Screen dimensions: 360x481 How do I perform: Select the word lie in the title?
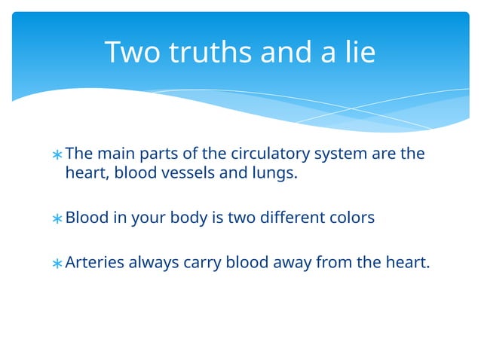coord(356,53)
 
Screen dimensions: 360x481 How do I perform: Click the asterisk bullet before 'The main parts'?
coord(57,155)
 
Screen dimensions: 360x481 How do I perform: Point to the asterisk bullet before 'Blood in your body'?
coord(57,219)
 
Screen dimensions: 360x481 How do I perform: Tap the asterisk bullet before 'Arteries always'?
coord(57,264)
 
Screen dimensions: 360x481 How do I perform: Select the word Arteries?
coord(94,263)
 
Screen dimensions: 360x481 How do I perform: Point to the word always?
coord(154,263)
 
